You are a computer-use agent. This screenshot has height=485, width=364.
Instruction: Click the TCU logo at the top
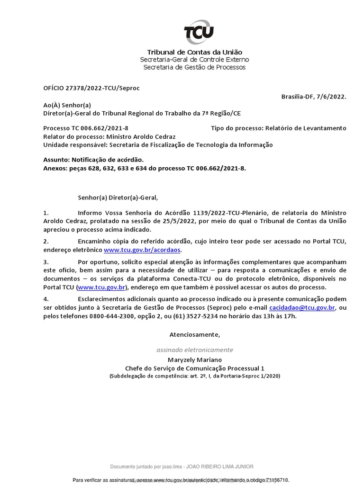198,32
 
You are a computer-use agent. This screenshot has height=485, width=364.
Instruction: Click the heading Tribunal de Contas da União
194,52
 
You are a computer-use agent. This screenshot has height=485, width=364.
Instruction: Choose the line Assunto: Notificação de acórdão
93,160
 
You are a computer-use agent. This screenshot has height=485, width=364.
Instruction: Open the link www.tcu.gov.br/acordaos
142,250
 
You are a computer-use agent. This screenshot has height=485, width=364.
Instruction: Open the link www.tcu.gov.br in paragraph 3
101,287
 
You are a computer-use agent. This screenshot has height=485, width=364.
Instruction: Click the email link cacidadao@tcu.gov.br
302,308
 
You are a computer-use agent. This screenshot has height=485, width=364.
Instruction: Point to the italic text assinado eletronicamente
194,350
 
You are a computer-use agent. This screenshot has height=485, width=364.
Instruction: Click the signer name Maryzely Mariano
194,360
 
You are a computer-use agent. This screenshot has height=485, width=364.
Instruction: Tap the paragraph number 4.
46,299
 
